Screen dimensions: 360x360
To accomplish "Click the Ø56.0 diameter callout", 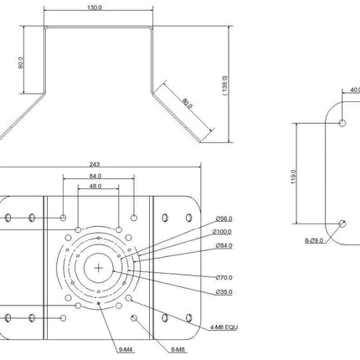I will (x=223, y=220).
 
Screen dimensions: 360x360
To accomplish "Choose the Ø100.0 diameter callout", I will (x=223, y=232).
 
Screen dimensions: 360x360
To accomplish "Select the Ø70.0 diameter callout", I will (x=223, y=277).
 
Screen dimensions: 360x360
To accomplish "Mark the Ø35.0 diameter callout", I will (x=223, y=292).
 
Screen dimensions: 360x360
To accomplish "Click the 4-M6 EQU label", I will (x=224, y=328).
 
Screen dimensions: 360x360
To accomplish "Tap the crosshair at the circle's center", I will (x=99, y=269).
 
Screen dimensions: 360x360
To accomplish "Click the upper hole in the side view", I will (x=343, y=122).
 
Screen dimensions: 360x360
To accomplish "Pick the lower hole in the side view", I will (x=343, y=223).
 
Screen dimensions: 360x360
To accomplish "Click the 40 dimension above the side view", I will (x=353, y=90).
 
